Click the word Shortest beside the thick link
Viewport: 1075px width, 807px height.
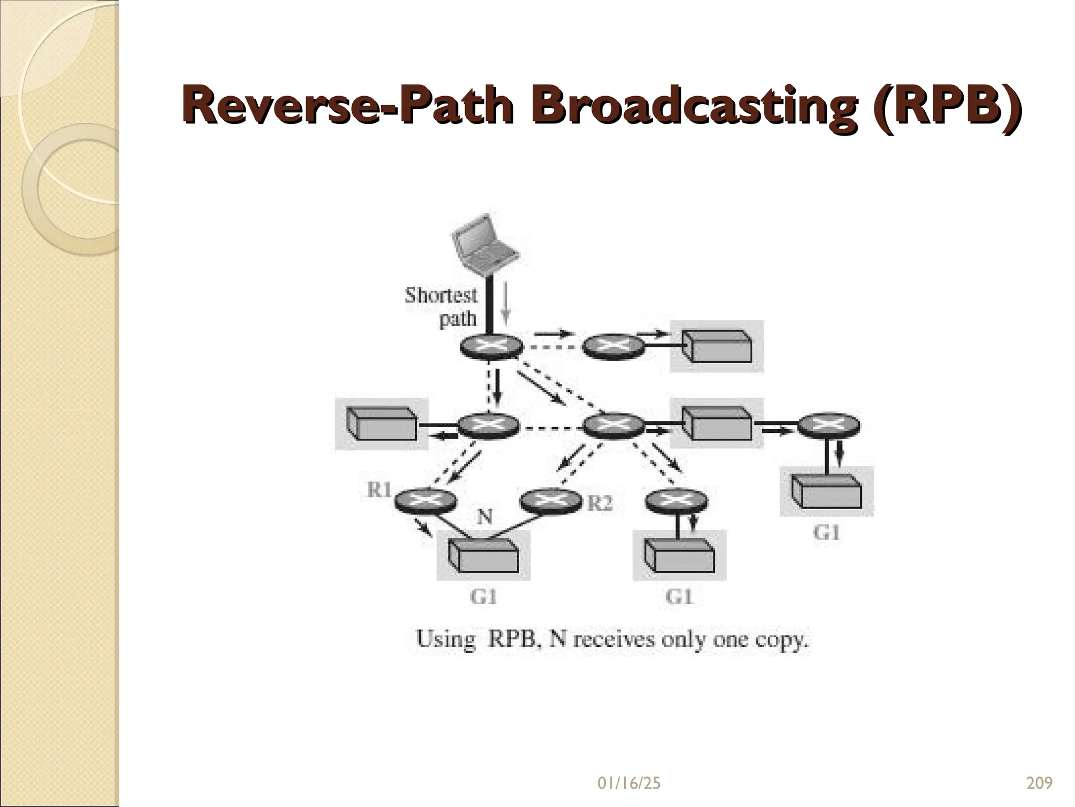click(441, 295)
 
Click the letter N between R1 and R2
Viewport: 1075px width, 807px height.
click(484, 518)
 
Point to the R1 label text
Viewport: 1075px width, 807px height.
click(379, 490)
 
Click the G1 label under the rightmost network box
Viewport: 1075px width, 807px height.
click(827, 533)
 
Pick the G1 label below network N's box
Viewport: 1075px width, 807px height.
click(483, 597)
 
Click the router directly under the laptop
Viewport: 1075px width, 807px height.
click(492, 347)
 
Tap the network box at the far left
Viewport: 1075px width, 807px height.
click(382, 424)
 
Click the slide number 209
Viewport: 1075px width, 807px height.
click(1039, 783)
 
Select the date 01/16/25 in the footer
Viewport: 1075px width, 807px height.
click(629, 783)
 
